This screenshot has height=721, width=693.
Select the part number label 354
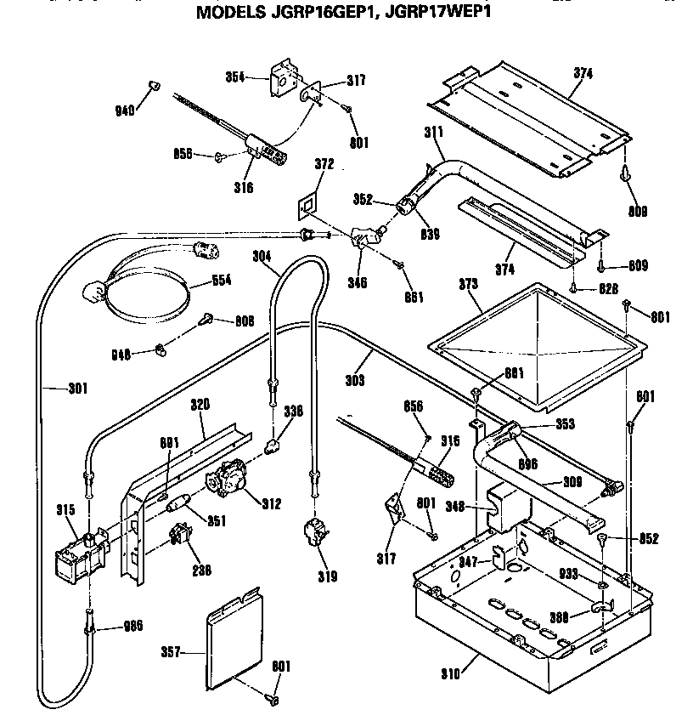234,77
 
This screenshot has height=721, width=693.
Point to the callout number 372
324,163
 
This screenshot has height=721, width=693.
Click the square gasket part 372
307,206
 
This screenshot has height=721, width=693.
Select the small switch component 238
180,537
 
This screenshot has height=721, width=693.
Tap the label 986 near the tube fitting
132,626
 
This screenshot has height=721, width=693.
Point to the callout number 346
357,283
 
